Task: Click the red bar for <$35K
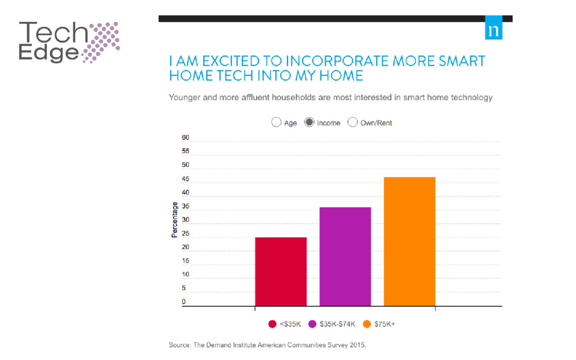(x=281, y=272)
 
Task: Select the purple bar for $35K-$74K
(x=345, y=256)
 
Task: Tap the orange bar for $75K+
(x=409, y=241)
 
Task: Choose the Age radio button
(x=276, y=122)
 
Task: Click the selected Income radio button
(x=309, y=122)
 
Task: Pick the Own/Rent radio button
(x=353, y=122)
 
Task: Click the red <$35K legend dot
(x=272, y=324)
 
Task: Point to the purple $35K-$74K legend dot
(x=313, y=324)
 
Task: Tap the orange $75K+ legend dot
(x=367, y=324)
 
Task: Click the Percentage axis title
(x=174, y=220)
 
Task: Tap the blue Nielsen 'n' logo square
(x=493, y=31)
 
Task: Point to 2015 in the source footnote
(x=357, y=345)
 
